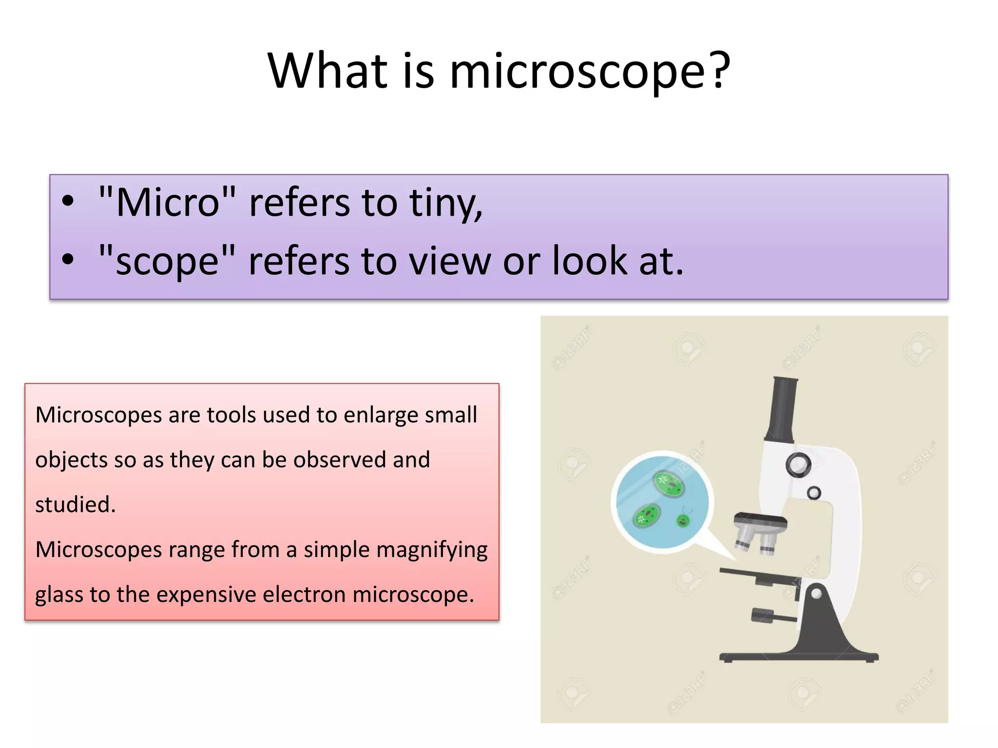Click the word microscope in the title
coord(577,72)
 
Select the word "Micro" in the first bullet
coord(167,202)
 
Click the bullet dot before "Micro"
coord(68,201)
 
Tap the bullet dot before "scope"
coord(68,260)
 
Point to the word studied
coord(76,505)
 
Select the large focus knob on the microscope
coord(798,464)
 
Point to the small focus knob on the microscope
coord(814,493)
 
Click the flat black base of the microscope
coord(799,657)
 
